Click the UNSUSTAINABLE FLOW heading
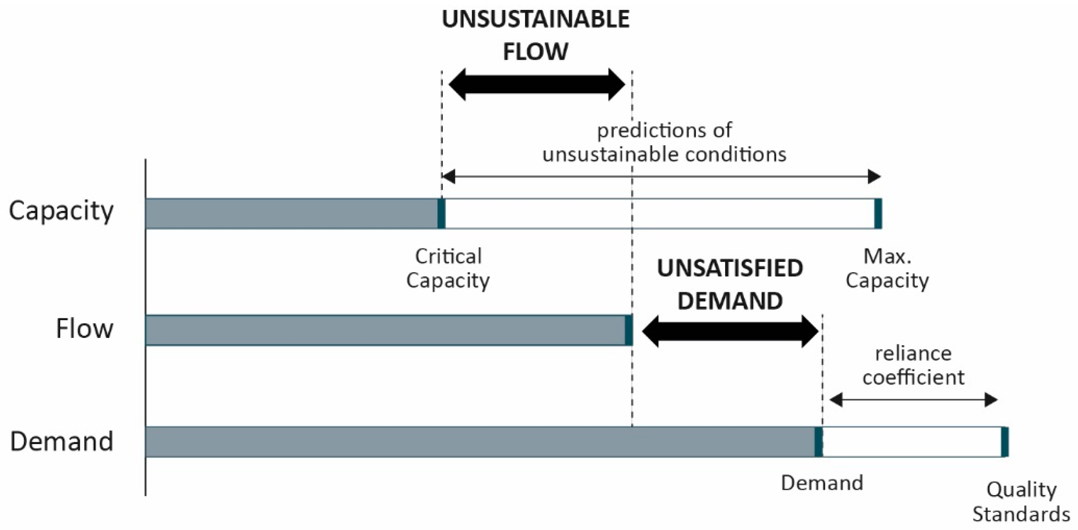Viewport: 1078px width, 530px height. pyautogui.click(x=535, y=36)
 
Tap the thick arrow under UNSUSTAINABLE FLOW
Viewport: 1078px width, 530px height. pyautogui.click(x=537, y=85)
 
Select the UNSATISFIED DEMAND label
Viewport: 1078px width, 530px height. pyautogui.click(x=730, y=284)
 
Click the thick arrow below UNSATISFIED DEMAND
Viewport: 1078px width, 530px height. pyautogui.click(x=730, y=331)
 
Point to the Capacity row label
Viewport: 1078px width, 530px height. pyautogui.click(x=61, y=211)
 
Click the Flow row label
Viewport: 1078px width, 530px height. pyautogui.click(x=84, y=329)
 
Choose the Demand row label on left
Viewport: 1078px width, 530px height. pyautogui.click(x=62, y=441)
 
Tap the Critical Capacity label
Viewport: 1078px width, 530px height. pyautogui.click(x=448, y=268)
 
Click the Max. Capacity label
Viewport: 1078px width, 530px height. pyautogui.click(x=887, y=268)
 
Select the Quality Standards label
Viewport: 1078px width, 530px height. pyautogui.click(x=1021, y=502)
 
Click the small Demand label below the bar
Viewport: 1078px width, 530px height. pyautogui.click(x=822, y=483)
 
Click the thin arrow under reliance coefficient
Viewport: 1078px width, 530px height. pyautogui.click(x=913, y=400)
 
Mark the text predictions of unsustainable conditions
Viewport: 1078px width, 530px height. pyautogui.click(x=664, y=142)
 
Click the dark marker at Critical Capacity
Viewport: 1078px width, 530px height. pyautogui.click(x=441, y=214)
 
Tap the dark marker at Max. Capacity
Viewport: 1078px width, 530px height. pyautogui.click(x=878, y=214)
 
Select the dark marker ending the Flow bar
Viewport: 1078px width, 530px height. pyautogui.click(x=629, y=330)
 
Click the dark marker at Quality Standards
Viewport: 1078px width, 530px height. pyautogui.click(x=1005, y=442)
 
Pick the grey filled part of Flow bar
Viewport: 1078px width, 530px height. pyautogui.click(x=385, y=330)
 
